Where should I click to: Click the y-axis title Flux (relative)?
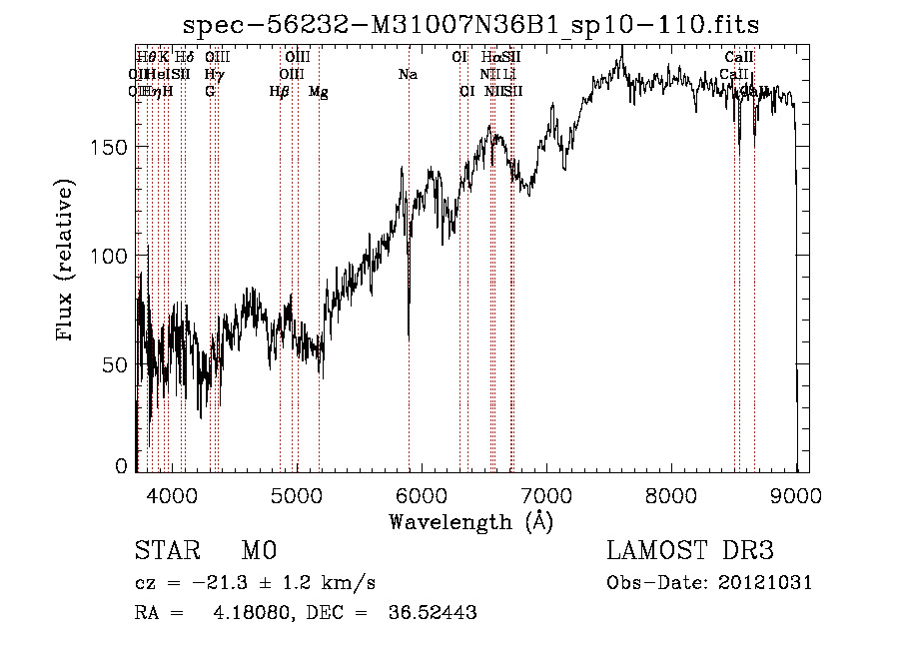point(67,262)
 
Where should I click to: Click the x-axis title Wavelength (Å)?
point(470,521)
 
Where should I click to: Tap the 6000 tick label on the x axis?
point(422,493)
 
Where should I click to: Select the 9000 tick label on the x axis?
point(796,493)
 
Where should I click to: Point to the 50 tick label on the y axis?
point(115,364)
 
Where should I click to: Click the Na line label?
point(408,74)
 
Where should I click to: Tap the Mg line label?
point(318,91)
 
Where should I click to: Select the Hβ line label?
point(280,91)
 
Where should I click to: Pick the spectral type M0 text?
point(258,552)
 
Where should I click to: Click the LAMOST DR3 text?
point(690,552)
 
